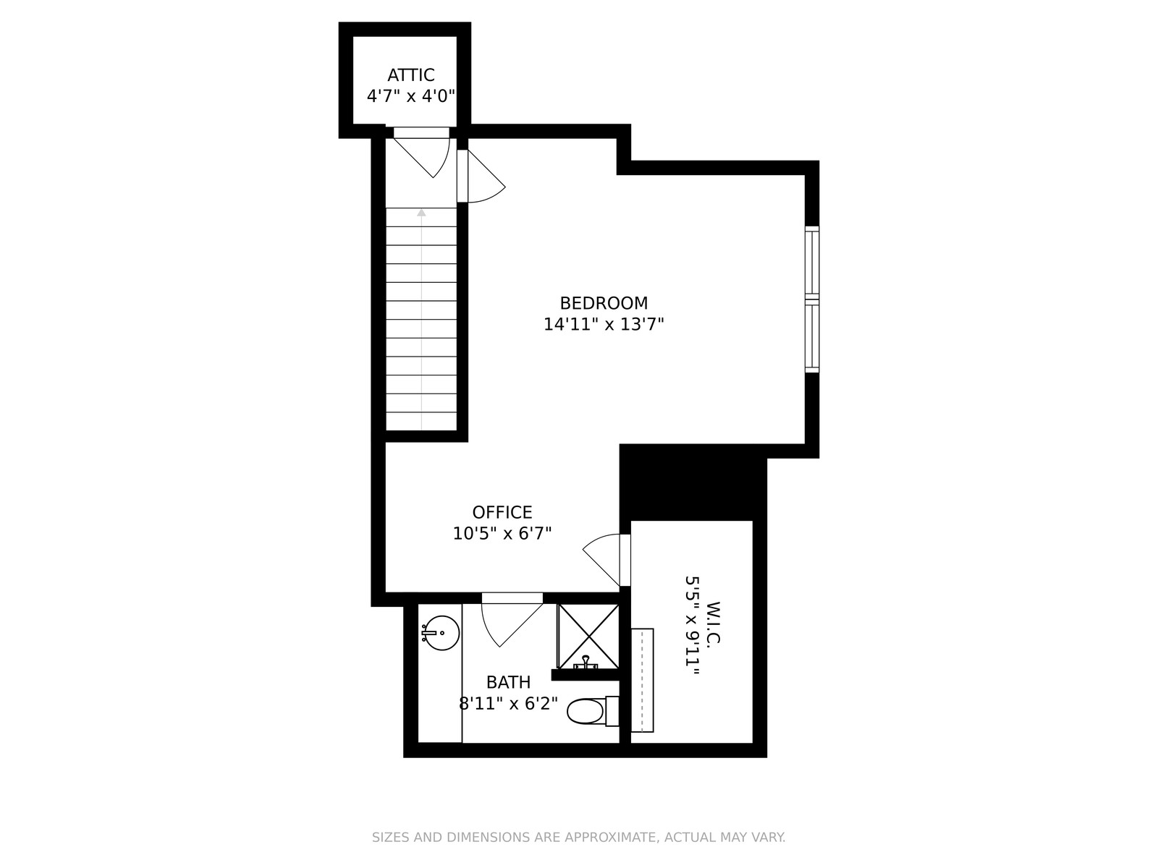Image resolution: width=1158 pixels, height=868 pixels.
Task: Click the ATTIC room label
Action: (x=410, y=75)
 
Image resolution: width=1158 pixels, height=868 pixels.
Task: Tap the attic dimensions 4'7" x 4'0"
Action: (x=410, y=96)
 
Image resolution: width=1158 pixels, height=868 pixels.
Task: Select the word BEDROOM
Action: (x=604, y=303)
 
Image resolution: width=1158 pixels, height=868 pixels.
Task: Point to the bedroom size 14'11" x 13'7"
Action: (x=604, y=324)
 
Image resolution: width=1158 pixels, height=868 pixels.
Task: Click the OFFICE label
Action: (x=502, y=512)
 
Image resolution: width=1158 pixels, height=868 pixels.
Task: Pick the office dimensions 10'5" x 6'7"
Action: (x=502, y=533)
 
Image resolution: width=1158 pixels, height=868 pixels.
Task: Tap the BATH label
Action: (x=508, y=682)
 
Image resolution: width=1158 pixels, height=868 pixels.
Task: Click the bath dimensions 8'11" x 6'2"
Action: (x=508, y=703)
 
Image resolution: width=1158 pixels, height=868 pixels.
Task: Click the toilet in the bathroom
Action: (x=593, y=712)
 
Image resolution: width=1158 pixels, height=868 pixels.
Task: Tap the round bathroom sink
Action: (x=441, y=633)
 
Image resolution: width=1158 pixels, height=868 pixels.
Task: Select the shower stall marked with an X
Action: (x=588, y=637)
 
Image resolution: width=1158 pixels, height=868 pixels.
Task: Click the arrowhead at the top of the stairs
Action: (x=421, y=213)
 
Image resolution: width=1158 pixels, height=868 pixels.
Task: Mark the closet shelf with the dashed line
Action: (x=642, y=680)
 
